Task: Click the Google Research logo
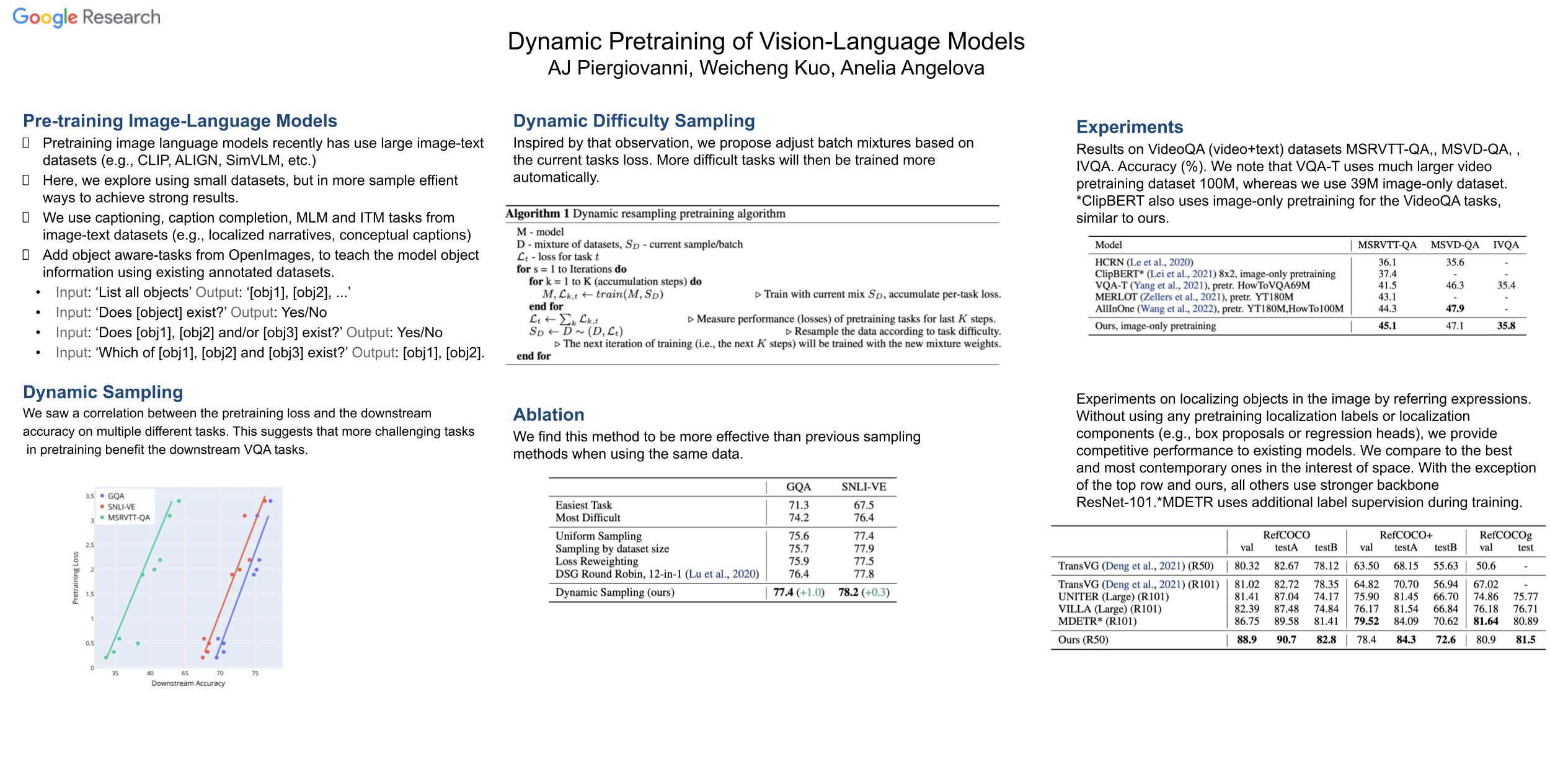(x=86, y=17)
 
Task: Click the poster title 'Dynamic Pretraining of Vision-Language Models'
(x=766, y=42)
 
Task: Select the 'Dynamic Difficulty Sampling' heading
(x=634, y=121)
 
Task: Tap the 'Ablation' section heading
(x=549, y=415)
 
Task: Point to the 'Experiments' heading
(x=1130, y=127)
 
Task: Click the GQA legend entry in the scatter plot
(x=115, y=496)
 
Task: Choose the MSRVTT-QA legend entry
(x=128, y=518)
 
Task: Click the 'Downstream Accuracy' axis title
(x=188, y=683)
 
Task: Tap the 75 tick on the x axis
(x=255, y=673)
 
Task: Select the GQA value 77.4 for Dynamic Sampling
(x=783, y=592)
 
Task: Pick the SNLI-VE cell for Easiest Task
(x=864, y=505)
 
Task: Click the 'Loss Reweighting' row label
(x=596, y=561)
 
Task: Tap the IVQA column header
(x=1505, y=245)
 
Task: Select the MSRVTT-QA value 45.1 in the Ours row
(x=1387, y=326)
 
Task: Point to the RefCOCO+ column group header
(x=1406, y=535)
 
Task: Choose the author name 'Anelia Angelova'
(x=912, y=68)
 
